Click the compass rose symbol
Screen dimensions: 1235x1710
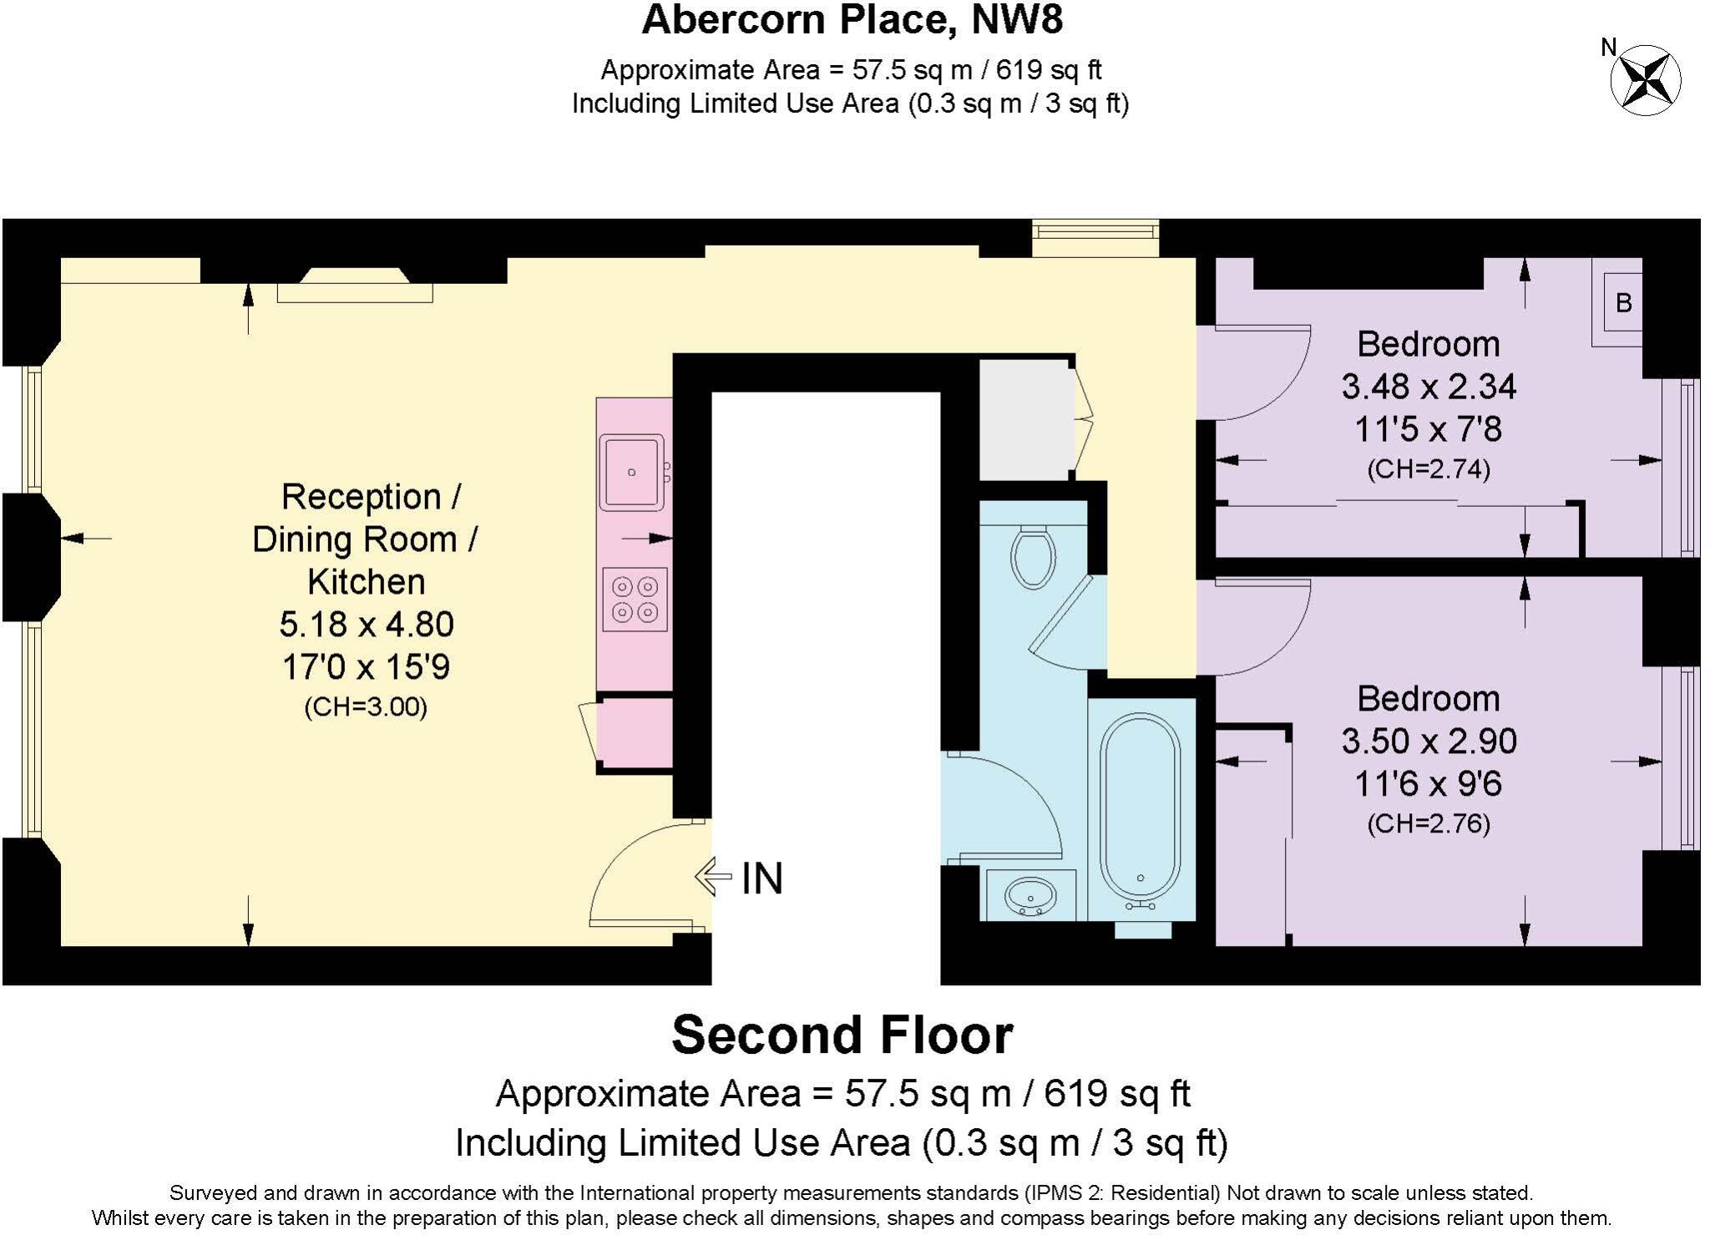(1644, 81)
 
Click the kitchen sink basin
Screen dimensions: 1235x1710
(631, 472)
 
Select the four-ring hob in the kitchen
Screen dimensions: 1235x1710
(635, 600)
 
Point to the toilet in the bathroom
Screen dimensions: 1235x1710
(1033, 555)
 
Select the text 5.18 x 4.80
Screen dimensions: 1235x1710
(366, 625)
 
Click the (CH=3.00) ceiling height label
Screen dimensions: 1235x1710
(366, 707)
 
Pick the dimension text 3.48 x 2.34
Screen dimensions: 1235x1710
(1428, 387)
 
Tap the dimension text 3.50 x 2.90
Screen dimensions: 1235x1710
(1428, 742)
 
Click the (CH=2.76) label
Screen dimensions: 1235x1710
(1428, 824)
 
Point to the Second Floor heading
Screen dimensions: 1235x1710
(842, 1035)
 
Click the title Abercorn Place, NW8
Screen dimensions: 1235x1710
(852, 20)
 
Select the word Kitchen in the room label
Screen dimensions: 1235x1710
(366, 582)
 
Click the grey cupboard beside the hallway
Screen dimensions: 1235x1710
(1025, 420)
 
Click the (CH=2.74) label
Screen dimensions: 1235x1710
(1428, 469)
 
